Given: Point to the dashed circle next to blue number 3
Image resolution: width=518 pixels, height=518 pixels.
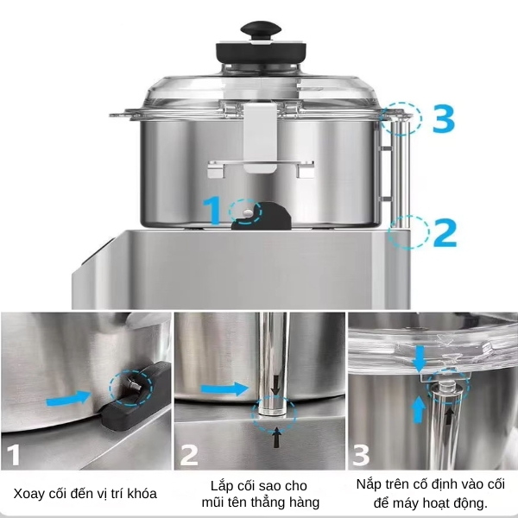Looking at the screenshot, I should pos(402,118).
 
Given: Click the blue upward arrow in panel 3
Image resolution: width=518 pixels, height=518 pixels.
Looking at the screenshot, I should pos(419,408).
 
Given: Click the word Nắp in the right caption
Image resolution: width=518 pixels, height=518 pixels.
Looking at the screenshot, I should pos(369,484).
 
